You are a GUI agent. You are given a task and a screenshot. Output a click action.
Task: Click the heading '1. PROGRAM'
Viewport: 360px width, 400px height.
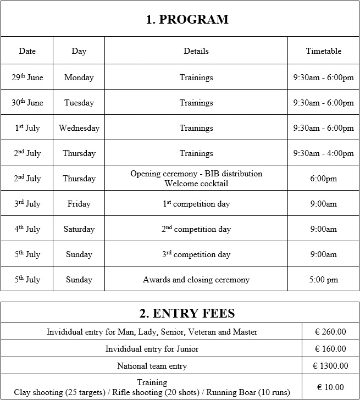[187, 20]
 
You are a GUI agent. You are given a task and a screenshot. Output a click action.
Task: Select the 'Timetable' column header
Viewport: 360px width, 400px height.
[323, 51]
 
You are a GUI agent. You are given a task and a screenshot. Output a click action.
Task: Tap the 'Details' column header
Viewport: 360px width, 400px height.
[196, 51]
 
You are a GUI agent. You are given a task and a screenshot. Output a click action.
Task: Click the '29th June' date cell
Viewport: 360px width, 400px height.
[27, 77]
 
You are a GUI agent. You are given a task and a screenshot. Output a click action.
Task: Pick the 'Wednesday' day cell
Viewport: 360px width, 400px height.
[79, 128]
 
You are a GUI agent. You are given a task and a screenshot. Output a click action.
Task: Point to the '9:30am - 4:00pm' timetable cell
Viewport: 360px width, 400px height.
[323, 153]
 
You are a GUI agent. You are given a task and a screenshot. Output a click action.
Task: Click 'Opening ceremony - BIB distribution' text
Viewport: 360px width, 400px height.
[196, 174]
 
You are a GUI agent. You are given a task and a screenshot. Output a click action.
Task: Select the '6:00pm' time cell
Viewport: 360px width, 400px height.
[323, 179]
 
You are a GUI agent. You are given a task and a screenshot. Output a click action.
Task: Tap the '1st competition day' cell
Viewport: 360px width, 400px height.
[196, 204]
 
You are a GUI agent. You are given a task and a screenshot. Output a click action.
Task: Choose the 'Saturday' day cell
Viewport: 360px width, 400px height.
[79, 229]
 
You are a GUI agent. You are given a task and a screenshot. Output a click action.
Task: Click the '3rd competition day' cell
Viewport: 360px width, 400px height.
[196, 254]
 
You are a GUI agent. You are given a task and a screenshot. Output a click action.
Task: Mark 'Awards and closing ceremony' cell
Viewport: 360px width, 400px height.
[196, 280]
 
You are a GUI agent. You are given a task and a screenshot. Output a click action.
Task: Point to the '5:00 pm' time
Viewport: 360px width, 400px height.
[323, 280]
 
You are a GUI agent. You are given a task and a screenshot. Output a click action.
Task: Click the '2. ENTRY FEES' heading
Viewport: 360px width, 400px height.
[187, 313]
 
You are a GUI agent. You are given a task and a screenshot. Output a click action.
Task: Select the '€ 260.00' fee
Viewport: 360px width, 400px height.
[330, 332]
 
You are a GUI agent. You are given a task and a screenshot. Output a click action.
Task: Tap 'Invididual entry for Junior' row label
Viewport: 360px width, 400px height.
[152, 349]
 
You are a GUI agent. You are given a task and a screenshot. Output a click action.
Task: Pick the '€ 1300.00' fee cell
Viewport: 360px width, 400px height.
[330, 366]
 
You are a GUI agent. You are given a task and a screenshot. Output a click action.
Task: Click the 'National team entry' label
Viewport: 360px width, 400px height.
[152, 366]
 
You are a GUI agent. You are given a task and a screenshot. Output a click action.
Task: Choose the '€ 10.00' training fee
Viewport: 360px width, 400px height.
[330, 387]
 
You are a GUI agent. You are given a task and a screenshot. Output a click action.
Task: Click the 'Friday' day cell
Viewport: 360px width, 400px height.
[79, 204]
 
